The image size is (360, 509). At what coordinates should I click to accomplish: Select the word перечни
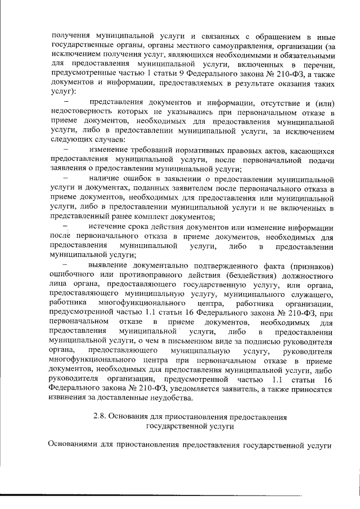tap(319, 65)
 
